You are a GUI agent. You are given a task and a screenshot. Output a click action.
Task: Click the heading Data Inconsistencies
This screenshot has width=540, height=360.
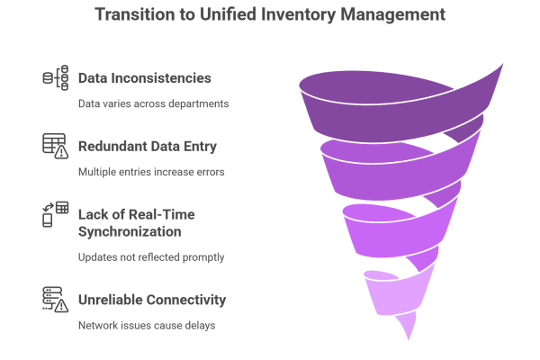pyautogui.click(x=144, y=78)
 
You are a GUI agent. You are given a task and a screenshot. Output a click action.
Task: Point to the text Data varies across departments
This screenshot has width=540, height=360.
pyautogui.click(x=153, y=103)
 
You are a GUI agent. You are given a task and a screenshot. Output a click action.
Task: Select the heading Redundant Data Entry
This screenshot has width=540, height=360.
pyautogui.click(x=147, y=147)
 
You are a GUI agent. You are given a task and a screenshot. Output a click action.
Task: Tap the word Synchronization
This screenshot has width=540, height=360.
pyautogui.click(x=130, y=232)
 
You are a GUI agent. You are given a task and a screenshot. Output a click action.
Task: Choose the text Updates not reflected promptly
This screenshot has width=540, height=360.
pyautogui.click(x=150, y=257)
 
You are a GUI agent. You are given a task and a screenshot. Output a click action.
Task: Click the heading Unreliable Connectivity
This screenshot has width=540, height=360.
pyautogui.click(x=152, y=300)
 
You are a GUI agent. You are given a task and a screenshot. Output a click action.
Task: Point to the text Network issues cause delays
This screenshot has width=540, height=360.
pyautogui.click(x=147, y=325)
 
